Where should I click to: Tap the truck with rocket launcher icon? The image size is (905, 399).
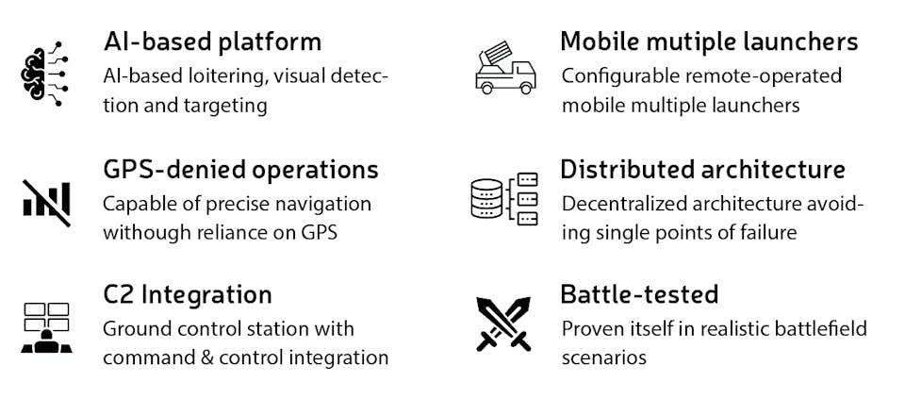click(x=503, y=69)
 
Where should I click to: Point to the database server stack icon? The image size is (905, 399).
click(x=503, y=198)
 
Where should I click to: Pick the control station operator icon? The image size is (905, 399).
click(x=45, y=326)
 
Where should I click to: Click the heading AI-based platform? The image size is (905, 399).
click(x=212, y=42)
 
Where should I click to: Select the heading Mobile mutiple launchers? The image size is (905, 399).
click(x=709, y=42)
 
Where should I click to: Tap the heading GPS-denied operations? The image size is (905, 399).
click(x=240, y=170)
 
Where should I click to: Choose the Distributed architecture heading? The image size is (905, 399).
click(x=702, y=170)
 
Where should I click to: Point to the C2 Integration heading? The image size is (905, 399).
click(x=188, y=294)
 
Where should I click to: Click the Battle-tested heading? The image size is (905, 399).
click(x=639, y=294)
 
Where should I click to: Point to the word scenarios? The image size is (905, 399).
click(x=603, y=357)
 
